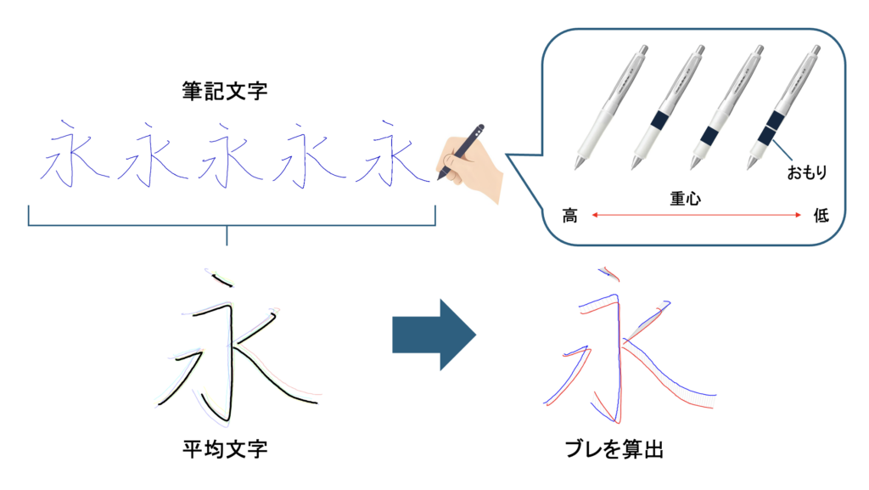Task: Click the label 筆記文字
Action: point(224,91)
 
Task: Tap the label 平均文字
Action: point(225,448)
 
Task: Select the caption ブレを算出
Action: point(614,448)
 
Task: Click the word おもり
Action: point(807,172)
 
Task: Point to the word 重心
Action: point(685,199)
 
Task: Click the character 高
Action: point(569,215)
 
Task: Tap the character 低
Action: point(821,215)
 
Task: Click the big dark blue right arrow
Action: point(434,335)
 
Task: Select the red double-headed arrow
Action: point(696,215)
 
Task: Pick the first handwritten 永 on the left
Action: point(71,154)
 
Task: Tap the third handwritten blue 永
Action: point(229,155)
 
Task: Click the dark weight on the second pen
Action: point(659,121)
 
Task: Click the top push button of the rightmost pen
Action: point(816,49)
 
